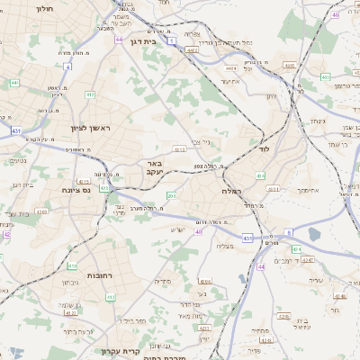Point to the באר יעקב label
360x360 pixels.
[x=150, y=168]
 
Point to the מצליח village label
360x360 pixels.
[x=226, y=245]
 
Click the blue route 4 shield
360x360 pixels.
[x=68, y=66]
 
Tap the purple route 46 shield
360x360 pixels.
[x=335, y=14]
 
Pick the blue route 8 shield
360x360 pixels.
[x=289, y=231]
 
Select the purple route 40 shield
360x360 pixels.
[x=198, y=231]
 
